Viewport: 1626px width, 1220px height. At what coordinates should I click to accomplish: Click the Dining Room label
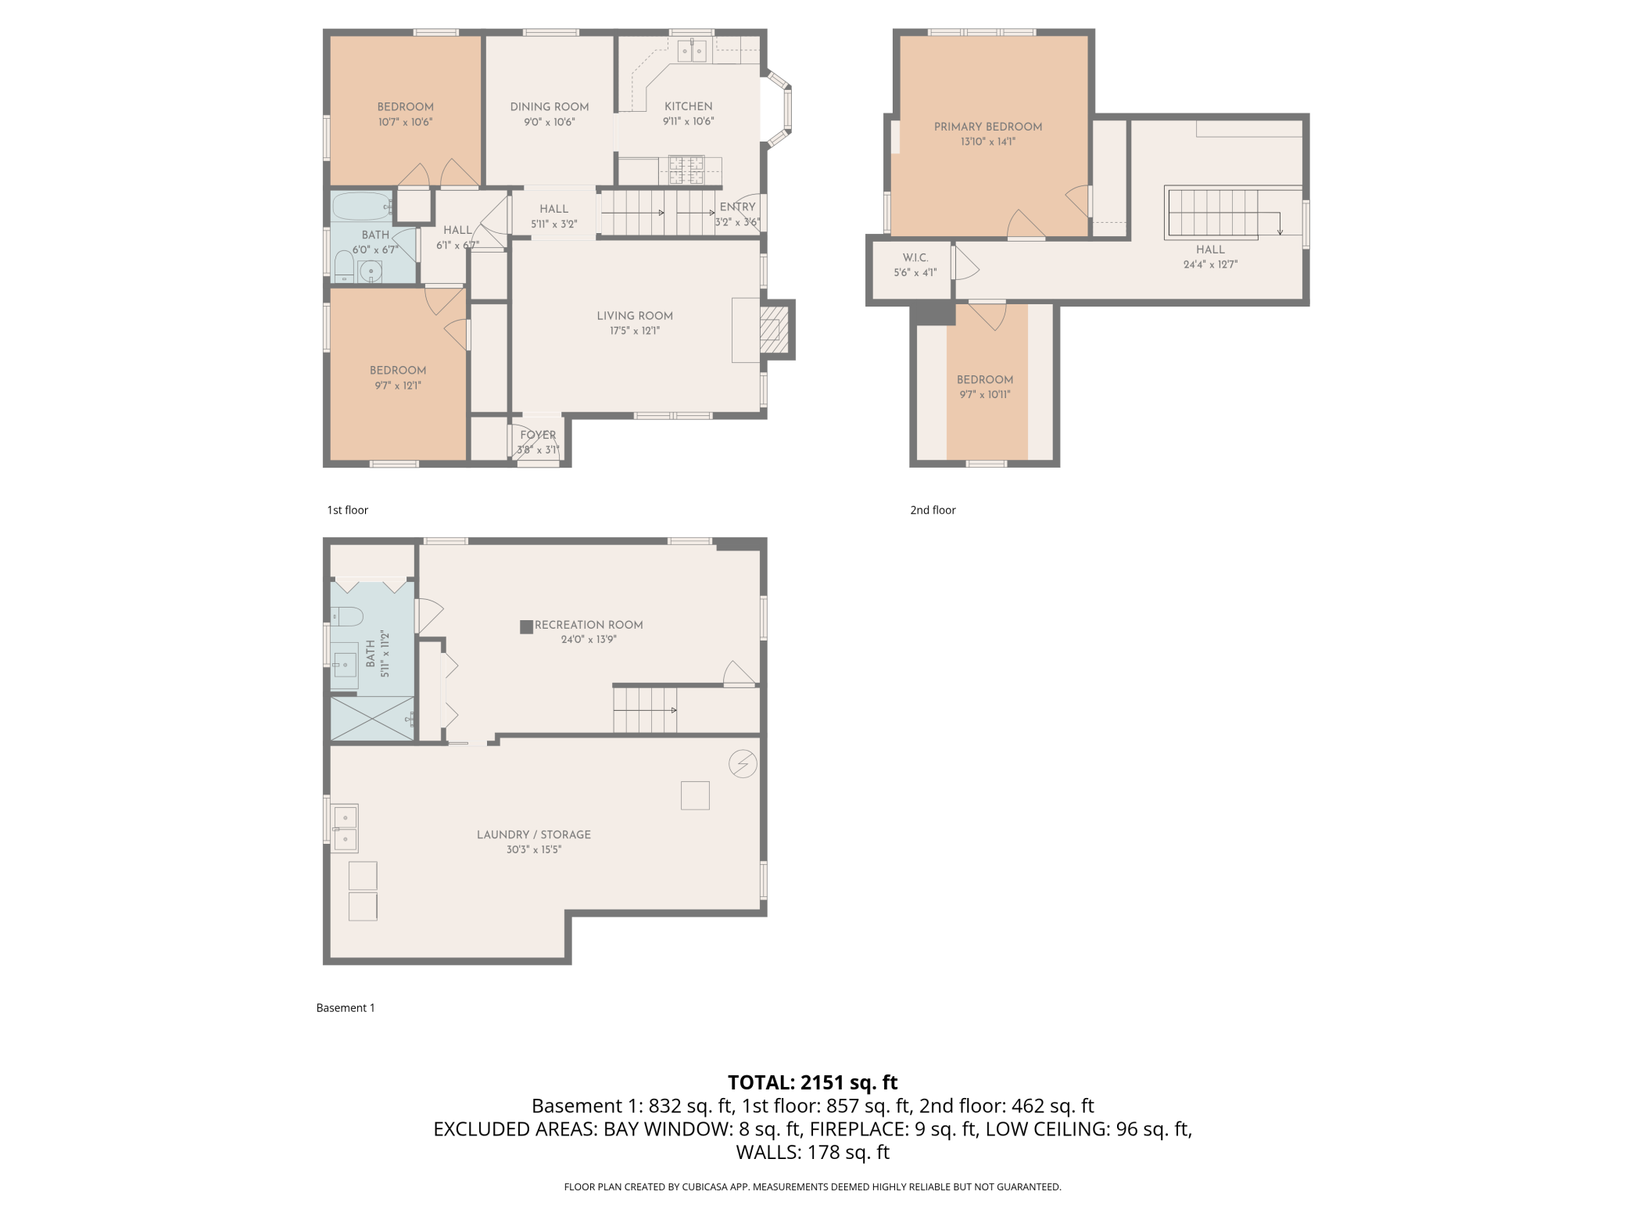pos(550,106)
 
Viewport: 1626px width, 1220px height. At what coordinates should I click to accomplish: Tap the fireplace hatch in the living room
pos(770,329)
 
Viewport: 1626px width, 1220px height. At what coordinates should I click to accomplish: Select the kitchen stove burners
pos(686,170)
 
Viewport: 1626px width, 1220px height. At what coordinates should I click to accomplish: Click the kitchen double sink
pos(692,52)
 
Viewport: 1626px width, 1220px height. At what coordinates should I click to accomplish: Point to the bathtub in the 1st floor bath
pos(362,206)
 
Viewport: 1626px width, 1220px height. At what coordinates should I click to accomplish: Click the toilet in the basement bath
pos(346,616)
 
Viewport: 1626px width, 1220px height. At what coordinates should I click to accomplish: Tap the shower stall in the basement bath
pos(373,718)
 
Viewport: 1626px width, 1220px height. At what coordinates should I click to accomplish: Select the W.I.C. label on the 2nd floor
pos(915,257)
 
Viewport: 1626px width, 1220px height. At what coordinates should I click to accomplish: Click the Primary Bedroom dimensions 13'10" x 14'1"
pos(988,142)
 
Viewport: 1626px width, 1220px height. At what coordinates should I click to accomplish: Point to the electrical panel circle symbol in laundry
pos(743,763)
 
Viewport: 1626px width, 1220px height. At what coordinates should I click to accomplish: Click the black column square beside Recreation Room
pos(527,626)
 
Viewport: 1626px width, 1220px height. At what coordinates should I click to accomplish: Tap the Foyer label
pos(538,435)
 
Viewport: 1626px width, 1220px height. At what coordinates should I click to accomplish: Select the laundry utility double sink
pos(344,828)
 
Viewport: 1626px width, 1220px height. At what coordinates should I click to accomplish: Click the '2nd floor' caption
pos(933,510)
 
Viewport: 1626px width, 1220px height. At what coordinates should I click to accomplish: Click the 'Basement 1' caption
pos(346,1008)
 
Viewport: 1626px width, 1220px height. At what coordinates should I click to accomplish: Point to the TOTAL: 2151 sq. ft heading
pos(813,1082)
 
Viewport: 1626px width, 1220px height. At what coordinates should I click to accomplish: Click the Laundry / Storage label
pos(534,834)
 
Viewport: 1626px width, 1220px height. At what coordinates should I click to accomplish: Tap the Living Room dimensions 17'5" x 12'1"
pos(635,331)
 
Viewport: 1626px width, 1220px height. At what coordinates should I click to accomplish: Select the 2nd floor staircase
pos(1223,212)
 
